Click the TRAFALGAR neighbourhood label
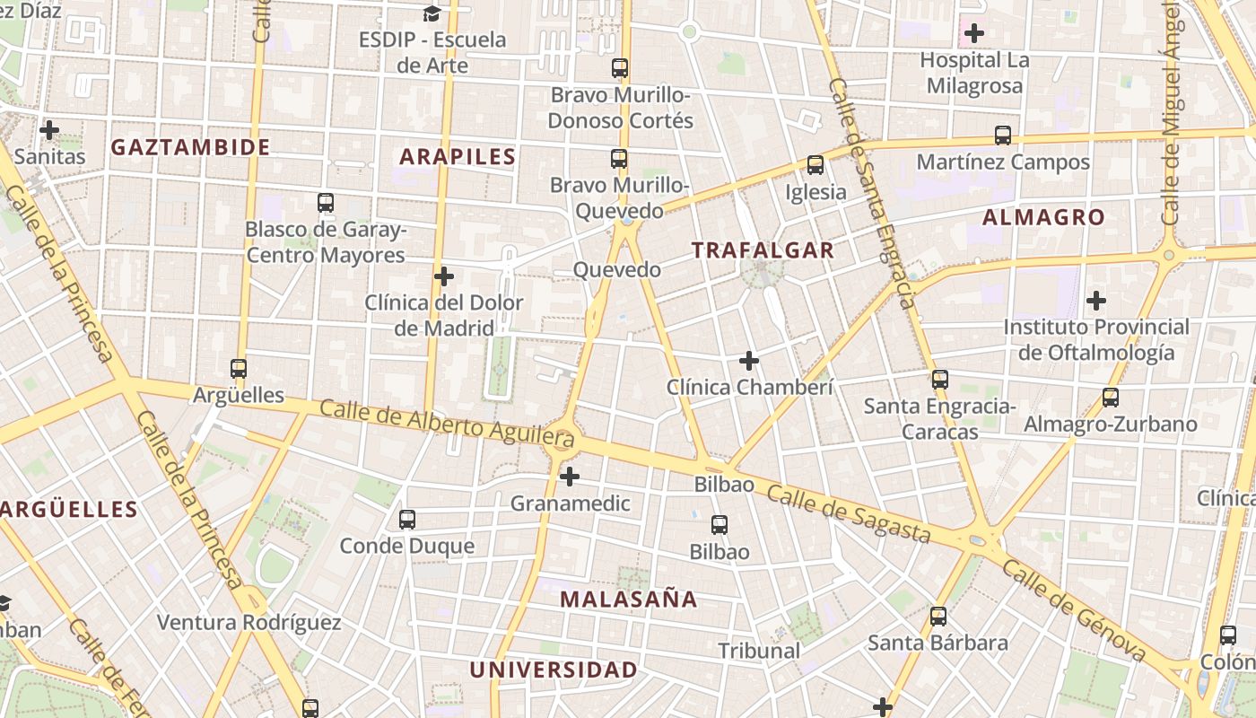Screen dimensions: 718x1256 pyautogui.click(x=763, y=250)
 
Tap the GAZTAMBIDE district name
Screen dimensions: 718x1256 pyautogui.click(x=190, y=147)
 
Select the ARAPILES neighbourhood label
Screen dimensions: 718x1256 pyautogui.click(x=458, y=157)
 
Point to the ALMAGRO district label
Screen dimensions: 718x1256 pyautogui.click(x=1043, y=217)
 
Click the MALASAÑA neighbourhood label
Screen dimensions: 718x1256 pyautogui.click(x=628, y=599)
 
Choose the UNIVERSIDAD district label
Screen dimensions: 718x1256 pyautogui.click(x=554, y=670)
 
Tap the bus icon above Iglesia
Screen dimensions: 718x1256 pyautogui.click(x=816, y=165)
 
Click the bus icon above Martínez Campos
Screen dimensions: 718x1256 pyautogui.click(x=1003, y=136)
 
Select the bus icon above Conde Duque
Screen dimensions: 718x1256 pyautogui.click(x=407, y=519)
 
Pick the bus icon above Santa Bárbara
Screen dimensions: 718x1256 pyautogui.click(x=938, y=617)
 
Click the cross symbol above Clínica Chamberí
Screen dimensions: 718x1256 pyautogui.click(x=749, y=361)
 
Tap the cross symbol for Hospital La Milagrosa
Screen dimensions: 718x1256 pyautogui.click(x=974, y=34)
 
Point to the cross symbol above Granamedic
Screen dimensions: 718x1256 pyautogui.click(x=570, y=477)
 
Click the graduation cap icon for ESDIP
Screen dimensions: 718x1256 pyautogui.click(x=432, y=13)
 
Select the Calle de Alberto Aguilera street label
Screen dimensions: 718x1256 pyautogui.click(x=446, y=424)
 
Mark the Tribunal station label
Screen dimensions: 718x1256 pyautogui.click(x=759, y=651)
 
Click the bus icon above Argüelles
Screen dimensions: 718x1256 pyautogui.click(x=239, y=368)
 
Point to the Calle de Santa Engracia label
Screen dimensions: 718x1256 pyautogui.click(x=872, y=193)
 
